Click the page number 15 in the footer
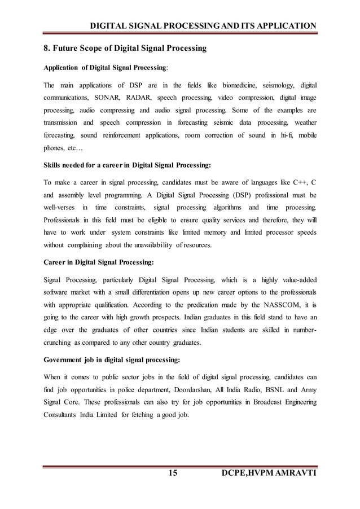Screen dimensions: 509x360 point(173,472)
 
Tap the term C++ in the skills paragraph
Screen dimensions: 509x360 point(297,183)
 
